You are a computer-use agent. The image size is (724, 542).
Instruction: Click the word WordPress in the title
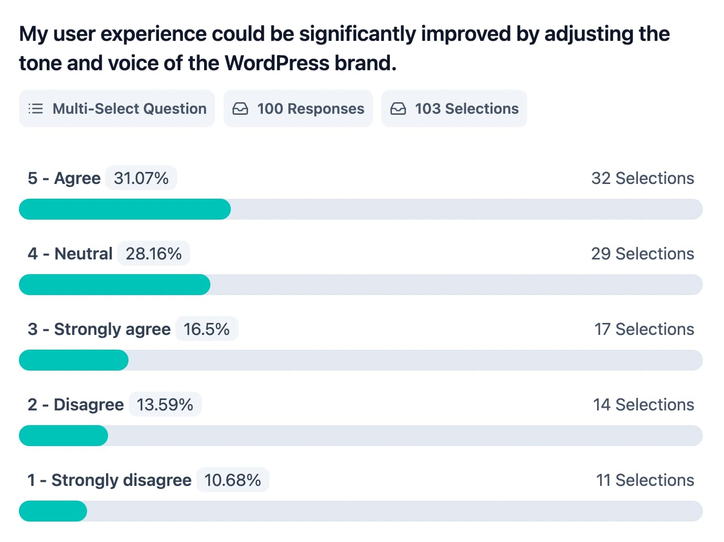click(277, 63)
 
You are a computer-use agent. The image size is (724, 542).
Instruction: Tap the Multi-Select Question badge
click(117, 109)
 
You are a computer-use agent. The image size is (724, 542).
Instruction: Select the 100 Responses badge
click(298, 109)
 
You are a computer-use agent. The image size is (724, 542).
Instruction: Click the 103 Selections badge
click(454, 109)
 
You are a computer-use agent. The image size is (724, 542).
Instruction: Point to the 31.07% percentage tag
click(141, 178)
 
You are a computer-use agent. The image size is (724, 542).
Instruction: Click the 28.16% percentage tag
click(154, 254)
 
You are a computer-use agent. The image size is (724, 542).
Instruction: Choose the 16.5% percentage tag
click(207, 329)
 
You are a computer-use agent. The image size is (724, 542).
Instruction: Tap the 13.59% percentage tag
click(165, 405)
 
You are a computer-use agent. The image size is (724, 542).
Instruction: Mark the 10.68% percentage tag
click(232, 480)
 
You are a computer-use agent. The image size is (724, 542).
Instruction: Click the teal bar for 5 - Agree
click(125, 209)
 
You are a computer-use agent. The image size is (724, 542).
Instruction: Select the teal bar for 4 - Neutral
click(114, 285)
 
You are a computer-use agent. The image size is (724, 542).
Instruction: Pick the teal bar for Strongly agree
click(73, 360)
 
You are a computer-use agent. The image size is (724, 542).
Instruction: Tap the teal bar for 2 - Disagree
click(63, 436)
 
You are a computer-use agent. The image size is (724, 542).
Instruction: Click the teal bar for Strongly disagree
click(53, 511)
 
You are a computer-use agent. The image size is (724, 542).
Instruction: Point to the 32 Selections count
click(643, 178)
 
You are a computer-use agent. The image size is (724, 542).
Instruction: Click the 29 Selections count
click(643, 254)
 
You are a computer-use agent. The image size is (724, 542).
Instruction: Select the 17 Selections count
click(644, 329)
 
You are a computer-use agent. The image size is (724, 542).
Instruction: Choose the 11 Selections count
click(645, 480)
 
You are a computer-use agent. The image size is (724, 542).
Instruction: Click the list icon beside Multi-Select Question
click(36, 109)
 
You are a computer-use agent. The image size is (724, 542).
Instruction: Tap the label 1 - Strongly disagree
click(110, 480)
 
